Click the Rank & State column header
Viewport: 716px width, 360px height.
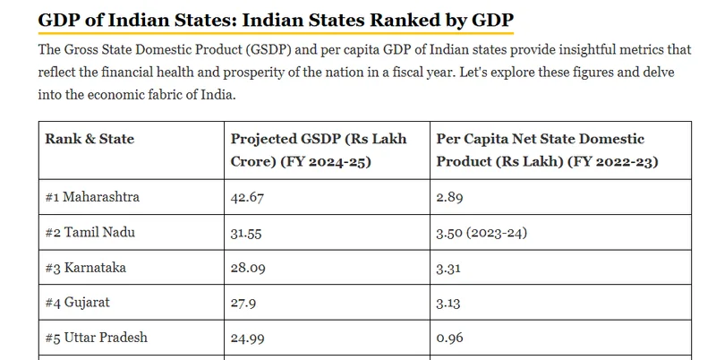pos(89,139)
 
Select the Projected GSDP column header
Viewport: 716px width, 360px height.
pos(319,150)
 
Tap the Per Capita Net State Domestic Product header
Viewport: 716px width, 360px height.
pos(547,150)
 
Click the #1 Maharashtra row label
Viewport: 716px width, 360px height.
pos(92,197)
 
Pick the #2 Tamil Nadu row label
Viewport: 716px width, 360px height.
pos(90,232)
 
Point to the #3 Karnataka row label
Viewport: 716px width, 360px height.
pos(85,267)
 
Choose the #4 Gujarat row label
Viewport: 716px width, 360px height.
pos(77,303)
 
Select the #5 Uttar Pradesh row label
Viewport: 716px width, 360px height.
pos(96,338)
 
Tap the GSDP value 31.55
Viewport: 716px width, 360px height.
pos(246,233)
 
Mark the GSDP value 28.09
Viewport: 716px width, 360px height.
pos(248,268)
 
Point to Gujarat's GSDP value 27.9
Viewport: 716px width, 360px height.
pos(243,303)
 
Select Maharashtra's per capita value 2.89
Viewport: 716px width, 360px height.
pos(449,197)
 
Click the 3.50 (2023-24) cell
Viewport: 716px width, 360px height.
pos(482,233)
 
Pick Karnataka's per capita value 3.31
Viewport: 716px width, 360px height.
pos(448,268)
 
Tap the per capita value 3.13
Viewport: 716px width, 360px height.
pos(448,303)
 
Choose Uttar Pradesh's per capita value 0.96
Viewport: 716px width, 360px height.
pos(449,339)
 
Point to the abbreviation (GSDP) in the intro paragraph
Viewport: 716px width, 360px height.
pos(268,49)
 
